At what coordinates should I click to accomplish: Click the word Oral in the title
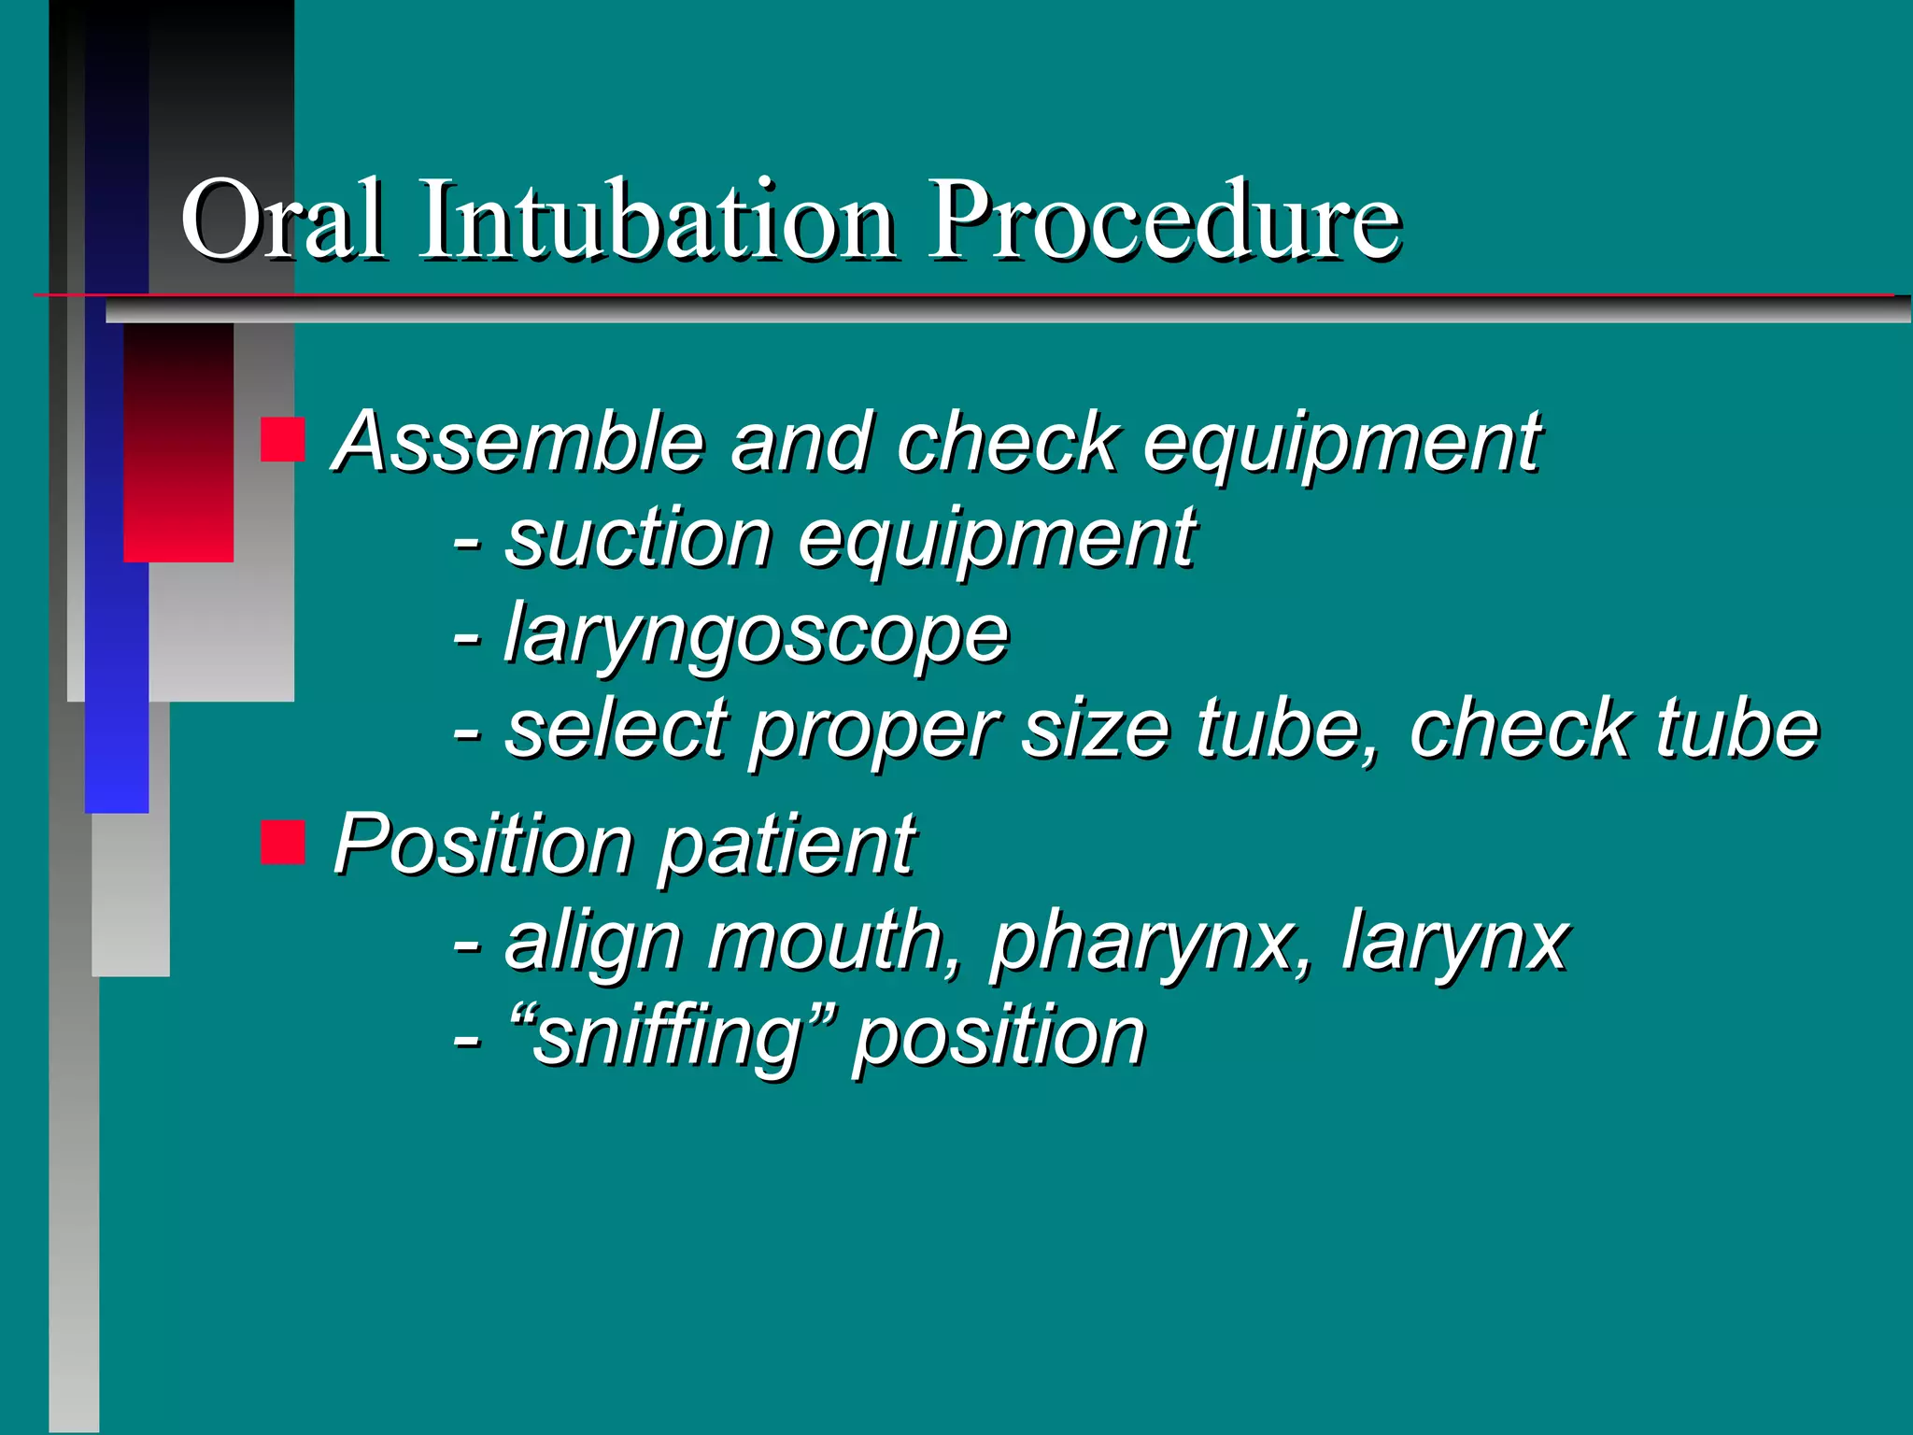tap(281, 220)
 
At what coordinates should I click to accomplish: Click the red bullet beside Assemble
tap(282, 440)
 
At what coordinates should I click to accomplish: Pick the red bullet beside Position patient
tap(282, 842)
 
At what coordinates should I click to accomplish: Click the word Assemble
tap(518, 442)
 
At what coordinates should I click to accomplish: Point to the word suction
tap(638, 539)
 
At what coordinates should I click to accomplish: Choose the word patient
tap(787, 845)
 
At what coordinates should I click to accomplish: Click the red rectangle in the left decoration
tap(177, 443)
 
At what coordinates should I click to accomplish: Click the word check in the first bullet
tap(1007, 442)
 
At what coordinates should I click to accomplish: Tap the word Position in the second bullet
tap(483, 845)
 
